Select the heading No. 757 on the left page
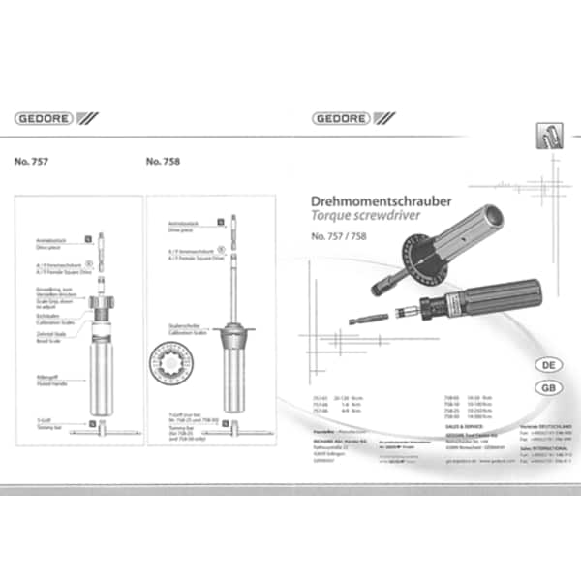point(33,162)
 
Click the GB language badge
point(547,387)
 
